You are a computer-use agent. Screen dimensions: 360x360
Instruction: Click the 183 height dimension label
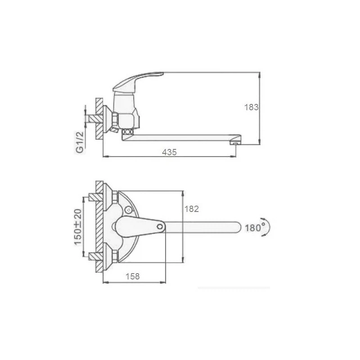pyautogui.click(x=251, y=107)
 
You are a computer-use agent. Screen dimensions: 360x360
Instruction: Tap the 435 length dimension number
pyautogui.click(x=169, y=152)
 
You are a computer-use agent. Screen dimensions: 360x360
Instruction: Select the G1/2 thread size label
pyautogui.click(x=80, y=143)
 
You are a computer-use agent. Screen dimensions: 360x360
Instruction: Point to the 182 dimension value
pyautogui.click(x=192, y=209)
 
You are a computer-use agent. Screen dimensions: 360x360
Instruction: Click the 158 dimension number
pyautogui.click(x=132, y=276)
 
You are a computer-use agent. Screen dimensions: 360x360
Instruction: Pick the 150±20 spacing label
pyautogui.click(x=78, y=227)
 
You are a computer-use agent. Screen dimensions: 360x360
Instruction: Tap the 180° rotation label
pyautogui.click(x=255, y=228)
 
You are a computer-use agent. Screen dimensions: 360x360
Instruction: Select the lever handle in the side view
pyautogui.click(x=137, y=81)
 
